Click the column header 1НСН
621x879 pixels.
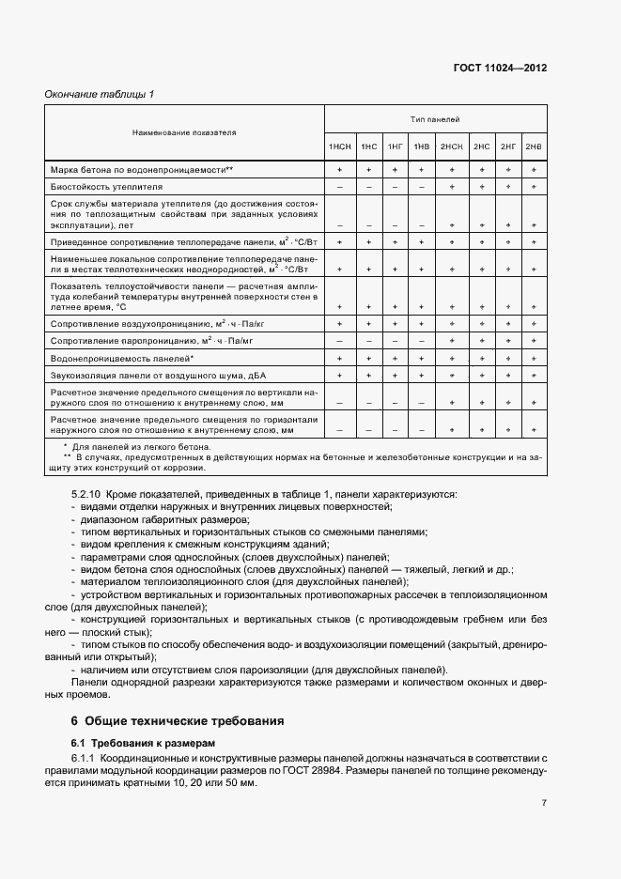coord(339,147)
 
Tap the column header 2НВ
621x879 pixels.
coord(534,147)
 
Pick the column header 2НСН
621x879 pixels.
coord(452,147)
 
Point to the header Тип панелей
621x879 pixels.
coord(435,120)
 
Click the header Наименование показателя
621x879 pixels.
coord(184,133)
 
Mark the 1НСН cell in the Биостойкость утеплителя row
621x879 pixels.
coord(339,187)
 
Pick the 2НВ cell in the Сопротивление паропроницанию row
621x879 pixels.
coord(534,341)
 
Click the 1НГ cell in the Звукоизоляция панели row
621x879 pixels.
coord(396,376)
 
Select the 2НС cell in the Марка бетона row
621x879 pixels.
coord(482,169)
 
